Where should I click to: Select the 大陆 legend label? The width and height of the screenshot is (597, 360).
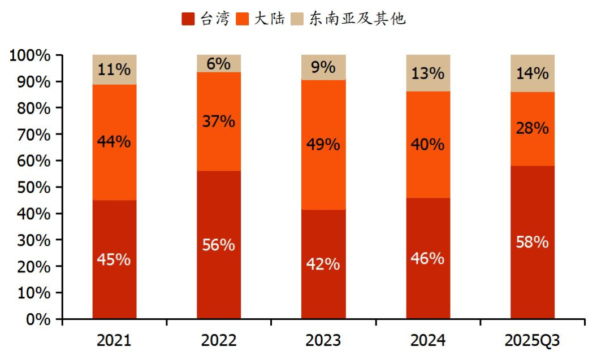coord(269,19)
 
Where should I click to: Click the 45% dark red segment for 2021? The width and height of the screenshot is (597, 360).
coord(114,259)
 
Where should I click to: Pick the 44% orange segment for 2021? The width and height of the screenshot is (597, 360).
coord(114,142)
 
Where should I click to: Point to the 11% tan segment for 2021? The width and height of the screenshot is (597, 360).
coord(114,70)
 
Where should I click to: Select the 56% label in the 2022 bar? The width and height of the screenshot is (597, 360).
coord(219,245)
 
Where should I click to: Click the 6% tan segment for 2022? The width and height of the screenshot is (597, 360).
coord(219,63)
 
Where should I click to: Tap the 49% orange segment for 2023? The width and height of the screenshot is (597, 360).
coord(323,144)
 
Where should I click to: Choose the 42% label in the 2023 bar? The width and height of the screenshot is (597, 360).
coord(323,263)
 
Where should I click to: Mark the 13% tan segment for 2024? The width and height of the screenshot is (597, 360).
coord(428,73)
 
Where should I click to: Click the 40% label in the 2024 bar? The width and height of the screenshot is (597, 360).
coord(428,144)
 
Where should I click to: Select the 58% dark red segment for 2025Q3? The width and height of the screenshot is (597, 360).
coord(533,242)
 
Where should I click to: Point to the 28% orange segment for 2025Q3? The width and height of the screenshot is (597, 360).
coord(533,128)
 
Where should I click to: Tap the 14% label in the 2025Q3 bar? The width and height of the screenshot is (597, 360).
coord(533,73)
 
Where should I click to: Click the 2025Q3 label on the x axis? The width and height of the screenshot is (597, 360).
coord(533,341)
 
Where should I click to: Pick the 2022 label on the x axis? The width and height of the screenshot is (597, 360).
coord(219,341)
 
